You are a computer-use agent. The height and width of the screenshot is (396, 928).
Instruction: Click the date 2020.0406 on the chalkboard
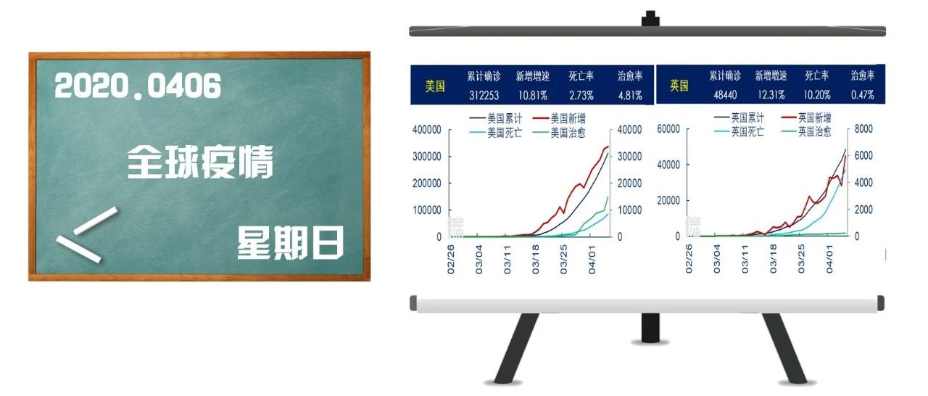[x=138, y=86]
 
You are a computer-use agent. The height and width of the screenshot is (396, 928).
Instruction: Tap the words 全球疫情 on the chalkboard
[x=200, y=162]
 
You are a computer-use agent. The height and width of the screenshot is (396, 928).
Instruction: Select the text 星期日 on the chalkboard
[x=290, y=242]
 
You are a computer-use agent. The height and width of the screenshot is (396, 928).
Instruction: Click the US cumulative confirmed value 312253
[x=484, y=96]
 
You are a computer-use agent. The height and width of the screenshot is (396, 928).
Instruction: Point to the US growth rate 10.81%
[x=533, y=96]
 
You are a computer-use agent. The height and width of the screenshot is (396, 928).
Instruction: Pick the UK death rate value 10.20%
[x=817, y=95]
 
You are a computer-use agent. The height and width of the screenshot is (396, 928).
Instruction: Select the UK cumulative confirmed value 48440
[x=725, y=95]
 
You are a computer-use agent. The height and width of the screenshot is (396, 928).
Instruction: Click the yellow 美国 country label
[x=435, y=86]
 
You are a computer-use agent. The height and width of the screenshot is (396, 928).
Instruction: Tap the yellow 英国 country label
[x=679, y=86]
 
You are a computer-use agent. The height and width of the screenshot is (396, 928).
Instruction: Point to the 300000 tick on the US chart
[x=427, y=157]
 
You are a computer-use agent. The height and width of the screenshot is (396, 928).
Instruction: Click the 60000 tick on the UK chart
[x=668, y=129]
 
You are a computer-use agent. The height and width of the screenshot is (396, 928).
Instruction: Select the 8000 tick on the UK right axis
[x=863, y=129]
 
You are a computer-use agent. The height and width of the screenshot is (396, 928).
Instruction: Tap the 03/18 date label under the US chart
[x=535, y=260]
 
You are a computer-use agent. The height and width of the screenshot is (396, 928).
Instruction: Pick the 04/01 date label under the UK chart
[x=829, y=259]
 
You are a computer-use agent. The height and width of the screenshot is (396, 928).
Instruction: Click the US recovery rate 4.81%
[x=630, y=96]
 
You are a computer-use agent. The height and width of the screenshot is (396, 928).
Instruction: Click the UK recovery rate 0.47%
[x=863, y=95]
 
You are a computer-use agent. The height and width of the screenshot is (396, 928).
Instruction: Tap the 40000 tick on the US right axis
[x=629, y=130]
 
